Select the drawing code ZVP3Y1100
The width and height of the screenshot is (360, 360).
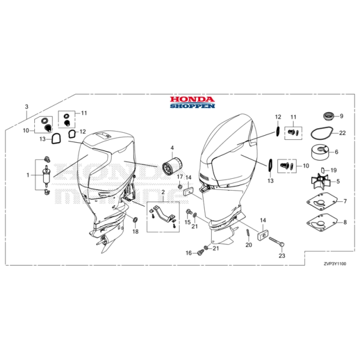[x=335, y=264]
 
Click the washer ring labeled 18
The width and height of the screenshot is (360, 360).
[x=135, y=221]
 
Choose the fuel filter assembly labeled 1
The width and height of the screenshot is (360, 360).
[x=45, y=174]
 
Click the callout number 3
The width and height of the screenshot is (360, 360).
[x=25, y=106]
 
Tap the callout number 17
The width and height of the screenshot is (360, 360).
[x=180, y=177]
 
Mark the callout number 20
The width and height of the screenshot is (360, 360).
[x=249, y=245]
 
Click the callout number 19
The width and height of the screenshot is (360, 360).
[x=333, y=170]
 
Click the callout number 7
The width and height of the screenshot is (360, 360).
[x=345, y=202]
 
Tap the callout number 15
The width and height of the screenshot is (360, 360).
[x=187, y=222]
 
